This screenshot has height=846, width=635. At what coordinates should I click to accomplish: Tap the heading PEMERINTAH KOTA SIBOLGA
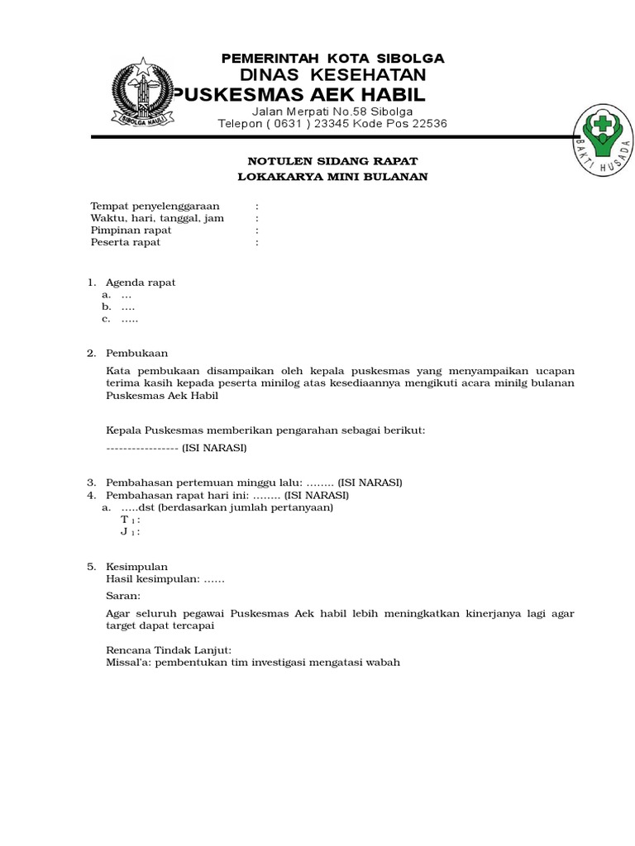pos(332,58)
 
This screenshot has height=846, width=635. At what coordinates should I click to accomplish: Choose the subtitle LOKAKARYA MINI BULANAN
pos(333,177)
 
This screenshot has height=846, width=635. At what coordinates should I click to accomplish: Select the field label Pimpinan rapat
pos(131,231)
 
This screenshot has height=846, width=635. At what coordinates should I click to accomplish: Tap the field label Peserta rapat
pos(126,243)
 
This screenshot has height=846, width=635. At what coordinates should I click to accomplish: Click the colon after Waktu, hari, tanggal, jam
pos(258,219)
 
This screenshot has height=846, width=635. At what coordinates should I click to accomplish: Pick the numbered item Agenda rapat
pos(141,283)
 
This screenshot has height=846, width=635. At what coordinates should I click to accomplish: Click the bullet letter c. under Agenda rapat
pos(107,319)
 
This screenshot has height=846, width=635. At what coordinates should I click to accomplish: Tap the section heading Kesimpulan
pos(137,567)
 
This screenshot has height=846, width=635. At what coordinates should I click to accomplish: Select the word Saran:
pos(124,596)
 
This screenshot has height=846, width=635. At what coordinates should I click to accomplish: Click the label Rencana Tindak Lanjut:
pos(169,650)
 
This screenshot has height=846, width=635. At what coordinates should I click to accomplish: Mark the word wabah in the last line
pos(383,663)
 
